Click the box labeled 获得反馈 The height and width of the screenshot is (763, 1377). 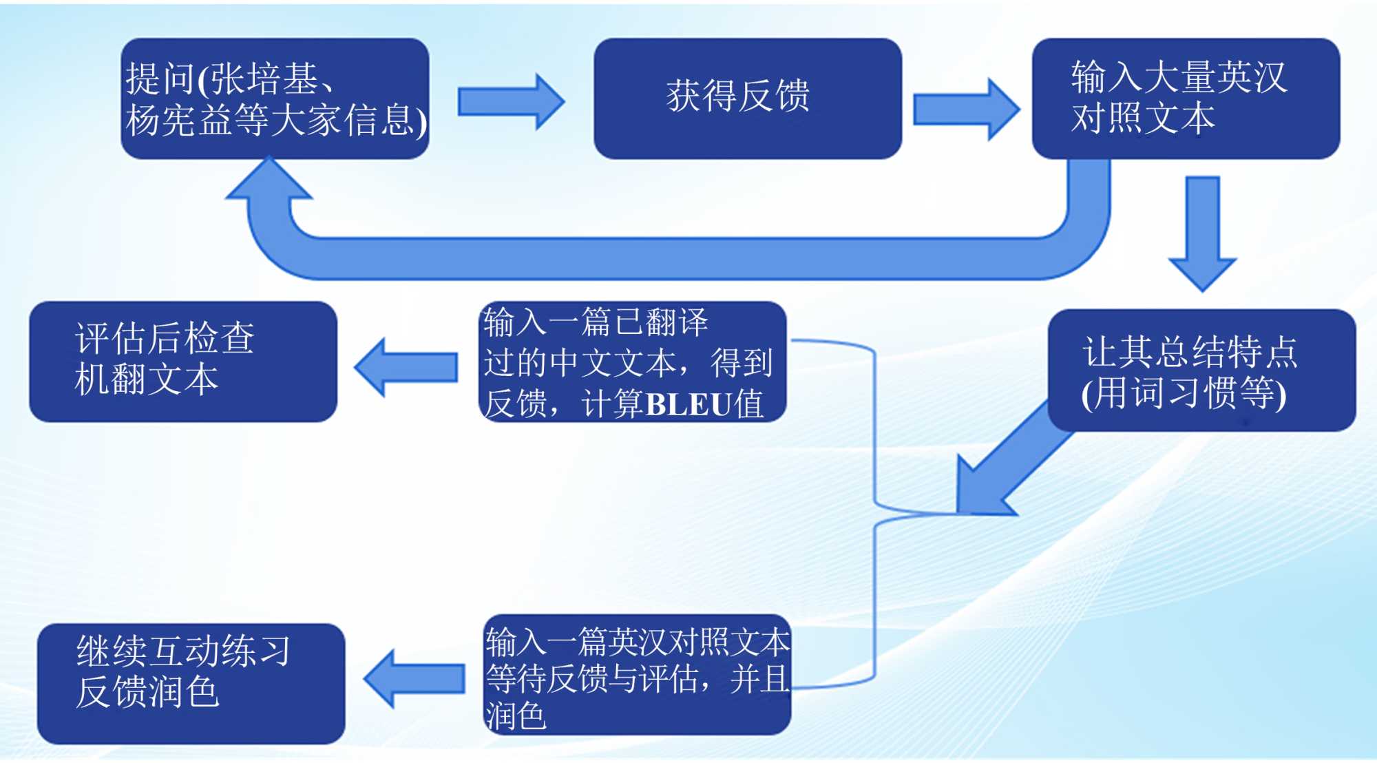[747, 98]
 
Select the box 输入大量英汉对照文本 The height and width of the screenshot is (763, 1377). [1185, 98]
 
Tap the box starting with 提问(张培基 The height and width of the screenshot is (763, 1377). [275, 98]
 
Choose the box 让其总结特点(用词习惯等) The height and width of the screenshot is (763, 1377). [1201, 370]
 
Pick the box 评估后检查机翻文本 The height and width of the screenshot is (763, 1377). [182, 361]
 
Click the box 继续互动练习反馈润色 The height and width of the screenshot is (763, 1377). [191, 682]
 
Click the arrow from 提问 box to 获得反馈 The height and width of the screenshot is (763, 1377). [510, 102]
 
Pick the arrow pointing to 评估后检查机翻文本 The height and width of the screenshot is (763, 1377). [406, 367]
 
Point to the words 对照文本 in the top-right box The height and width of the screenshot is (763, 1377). [1143, 118]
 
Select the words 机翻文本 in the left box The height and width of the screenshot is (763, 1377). [146, 379]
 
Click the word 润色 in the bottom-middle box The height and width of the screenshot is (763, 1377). [516, 716]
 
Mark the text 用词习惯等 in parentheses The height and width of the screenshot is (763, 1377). [1184, 393]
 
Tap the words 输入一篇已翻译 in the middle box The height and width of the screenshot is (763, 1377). [596, 322]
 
